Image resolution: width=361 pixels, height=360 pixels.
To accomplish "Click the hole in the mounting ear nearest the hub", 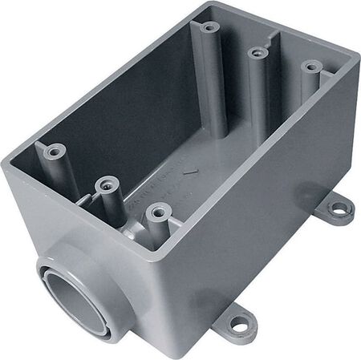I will tap(238, 325).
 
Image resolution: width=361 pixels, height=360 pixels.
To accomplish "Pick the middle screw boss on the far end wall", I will tap(258, 53).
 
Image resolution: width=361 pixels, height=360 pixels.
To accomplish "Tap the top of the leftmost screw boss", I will tap(55, 150).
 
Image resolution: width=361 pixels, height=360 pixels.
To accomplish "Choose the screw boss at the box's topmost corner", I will tap(209, 27).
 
